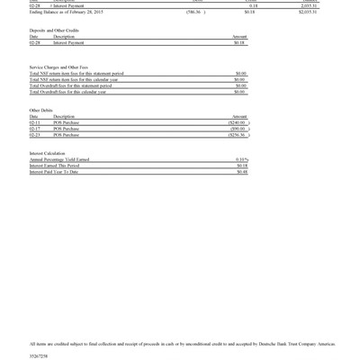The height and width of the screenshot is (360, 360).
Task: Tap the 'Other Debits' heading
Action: [41, 111]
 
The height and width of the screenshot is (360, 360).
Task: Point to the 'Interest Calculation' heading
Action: [48, 153]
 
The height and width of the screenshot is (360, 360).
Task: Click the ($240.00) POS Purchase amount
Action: [238, 122]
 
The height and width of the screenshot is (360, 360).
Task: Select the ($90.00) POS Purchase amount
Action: [238, 129]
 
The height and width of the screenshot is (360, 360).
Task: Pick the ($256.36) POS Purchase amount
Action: [238, 135]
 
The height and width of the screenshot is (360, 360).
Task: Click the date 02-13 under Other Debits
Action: [34, 122]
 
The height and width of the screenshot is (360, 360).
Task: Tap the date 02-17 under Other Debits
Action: [34, 129]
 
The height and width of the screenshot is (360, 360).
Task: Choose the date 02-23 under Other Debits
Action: [34, 135]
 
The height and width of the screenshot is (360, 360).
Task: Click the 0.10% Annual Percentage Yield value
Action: [241, 159]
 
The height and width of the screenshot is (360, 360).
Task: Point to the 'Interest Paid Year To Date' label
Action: [60, 171]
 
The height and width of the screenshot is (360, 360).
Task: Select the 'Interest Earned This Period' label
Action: [61, 166]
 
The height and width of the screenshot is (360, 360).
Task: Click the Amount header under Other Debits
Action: [239, 117]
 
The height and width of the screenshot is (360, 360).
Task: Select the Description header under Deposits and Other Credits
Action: [64, 37]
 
